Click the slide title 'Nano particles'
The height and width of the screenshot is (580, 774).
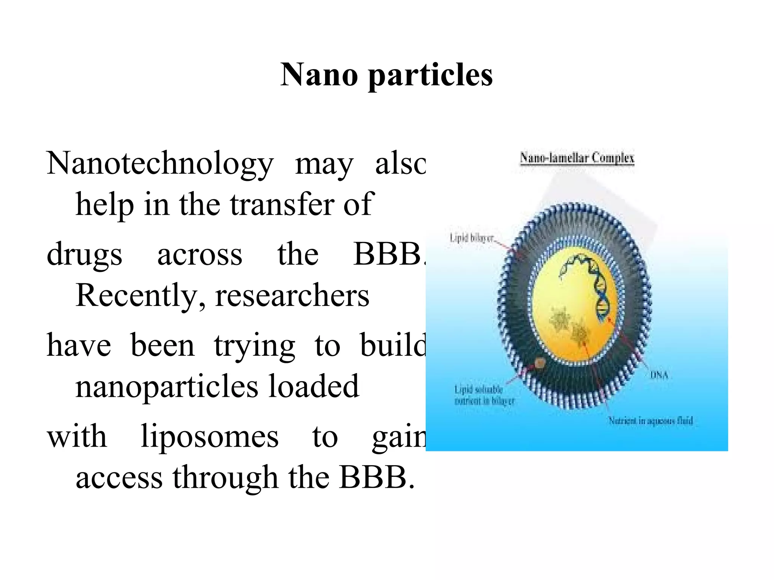point(386,74)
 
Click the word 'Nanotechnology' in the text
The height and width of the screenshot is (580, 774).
point(160,164)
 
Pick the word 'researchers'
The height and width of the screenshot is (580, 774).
point(292,296)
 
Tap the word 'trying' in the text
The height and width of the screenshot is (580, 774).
point(254,346)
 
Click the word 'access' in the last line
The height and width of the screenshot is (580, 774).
point(119,478)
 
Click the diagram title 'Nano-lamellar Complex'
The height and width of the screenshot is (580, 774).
point(577,157)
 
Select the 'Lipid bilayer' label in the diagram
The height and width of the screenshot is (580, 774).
point(472,238)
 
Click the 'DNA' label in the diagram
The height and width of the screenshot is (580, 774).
point(659,375)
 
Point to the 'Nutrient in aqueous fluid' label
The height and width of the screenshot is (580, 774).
point(650,421)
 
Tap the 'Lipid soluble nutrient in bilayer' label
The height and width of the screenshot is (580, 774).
point(484,395)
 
